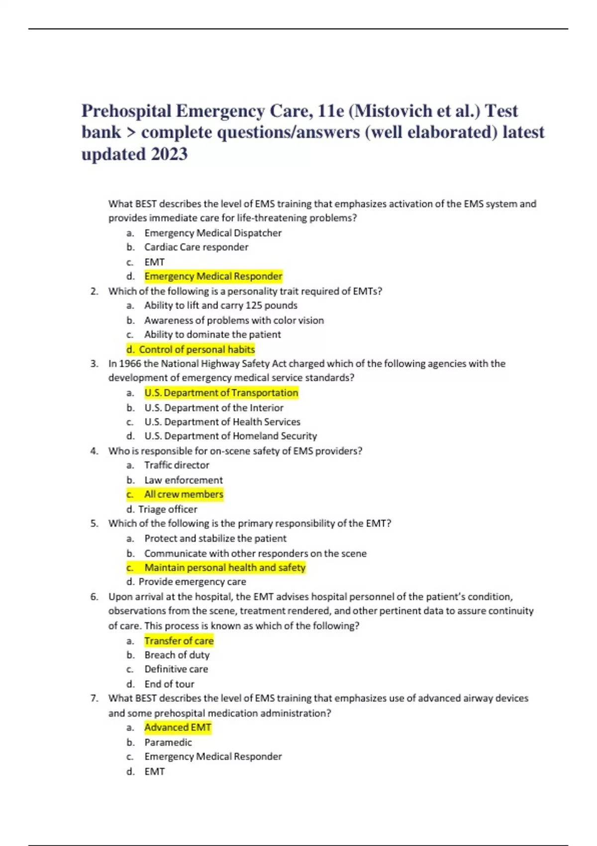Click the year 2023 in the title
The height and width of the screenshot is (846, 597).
169,154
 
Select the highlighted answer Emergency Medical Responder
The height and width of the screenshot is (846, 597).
213,276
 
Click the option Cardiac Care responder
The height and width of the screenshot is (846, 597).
196,247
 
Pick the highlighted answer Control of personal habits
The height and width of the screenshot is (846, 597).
197,349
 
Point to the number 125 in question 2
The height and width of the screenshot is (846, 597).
254,306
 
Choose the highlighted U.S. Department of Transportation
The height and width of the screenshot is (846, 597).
221,393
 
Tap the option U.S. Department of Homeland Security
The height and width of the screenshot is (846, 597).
230,436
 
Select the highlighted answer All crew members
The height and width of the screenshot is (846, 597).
184,494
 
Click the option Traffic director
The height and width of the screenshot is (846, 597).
177,465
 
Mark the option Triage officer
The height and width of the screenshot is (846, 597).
168,509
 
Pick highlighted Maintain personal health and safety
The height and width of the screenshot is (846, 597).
225,567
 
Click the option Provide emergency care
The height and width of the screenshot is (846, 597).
192,582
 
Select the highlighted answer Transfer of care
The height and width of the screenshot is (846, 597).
179,640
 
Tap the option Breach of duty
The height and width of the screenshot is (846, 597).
177,655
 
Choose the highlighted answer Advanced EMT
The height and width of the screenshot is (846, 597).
178,728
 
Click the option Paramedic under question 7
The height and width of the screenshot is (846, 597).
168,742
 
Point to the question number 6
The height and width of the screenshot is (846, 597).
94,597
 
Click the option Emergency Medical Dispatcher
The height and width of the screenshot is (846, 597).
213,233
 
